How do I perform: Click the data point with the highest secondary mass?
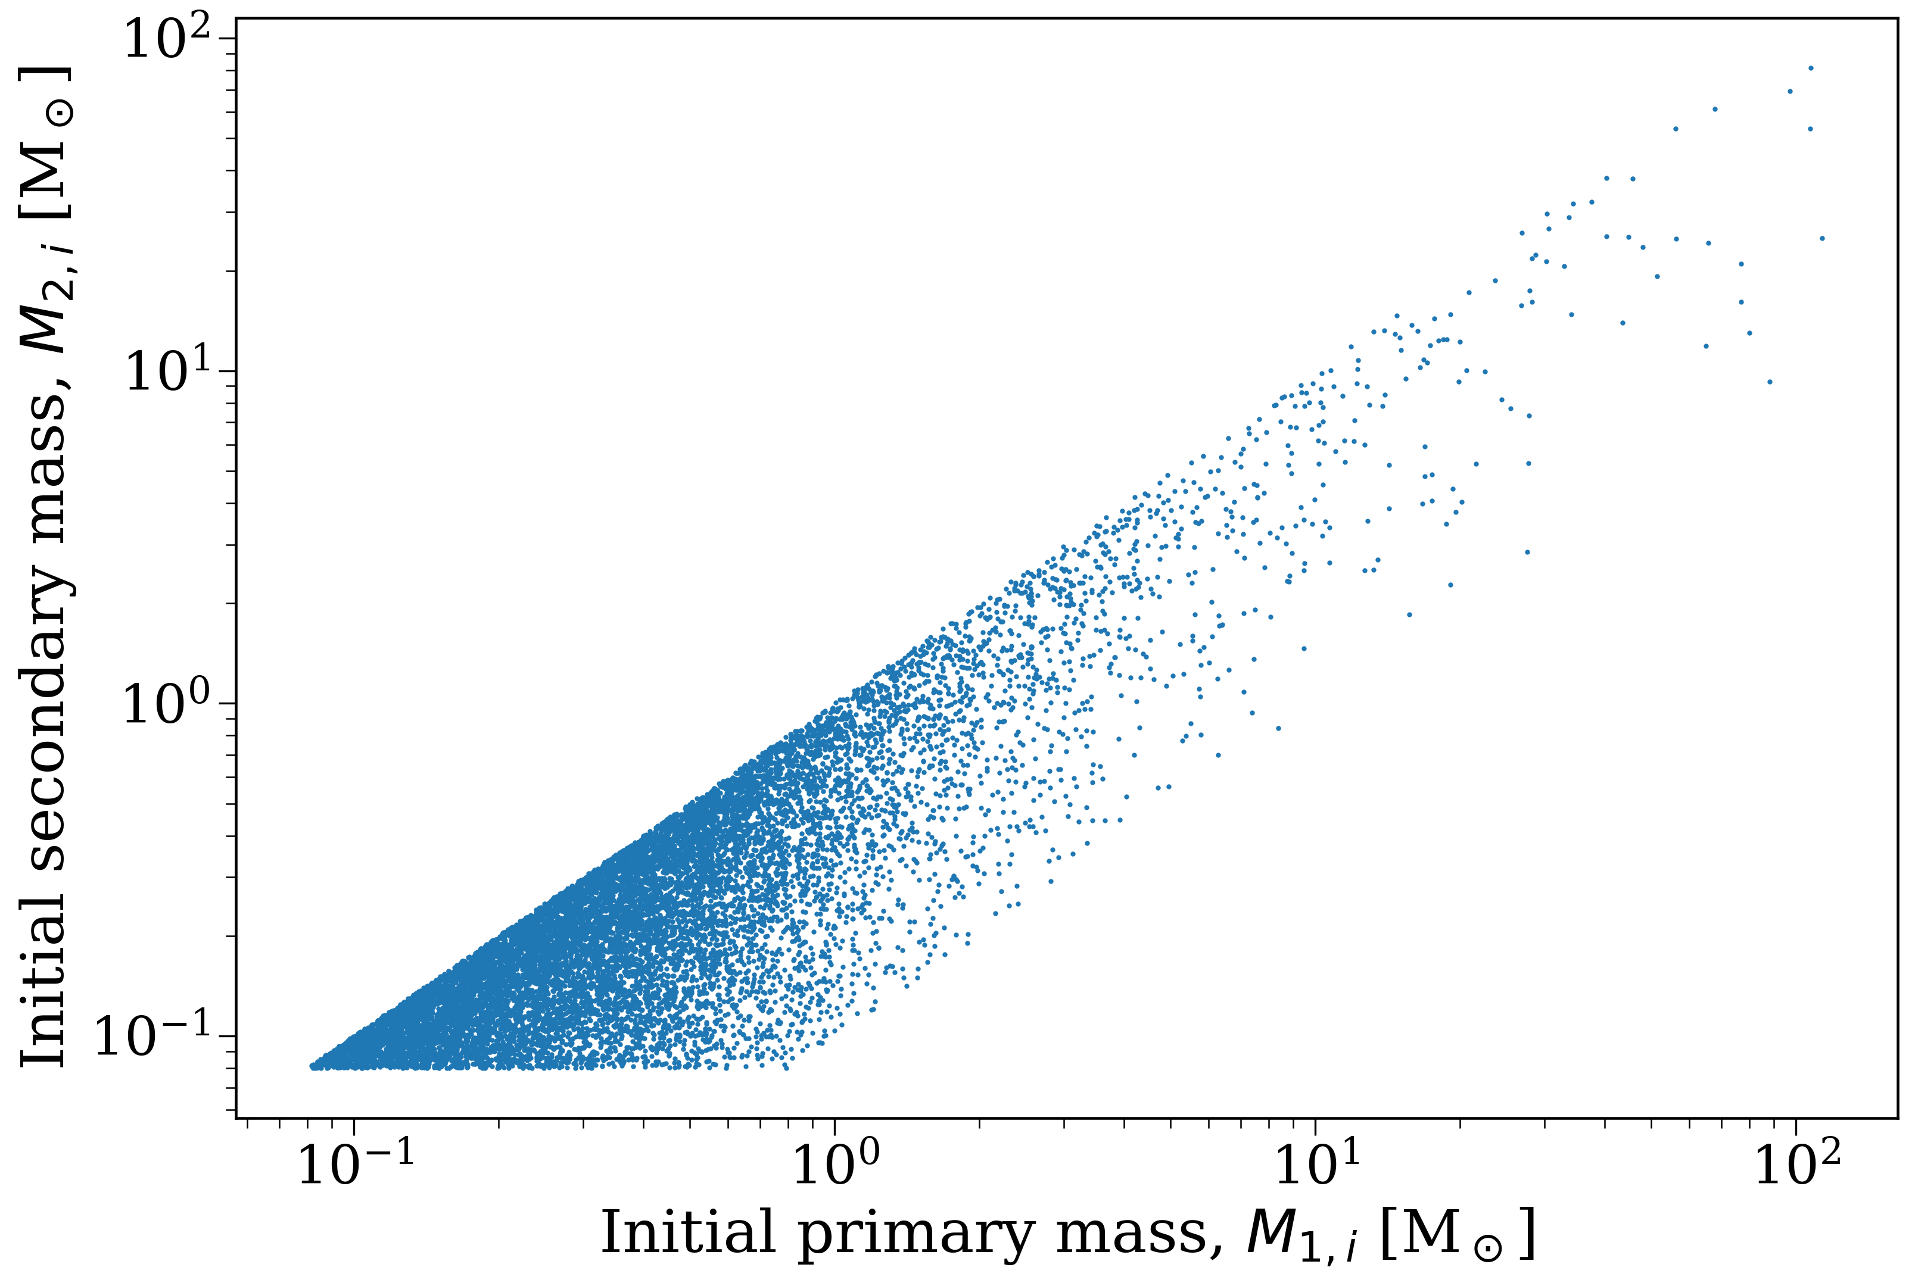(1811, 68)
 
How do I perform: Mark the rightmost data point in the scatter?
(1822, 239)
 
